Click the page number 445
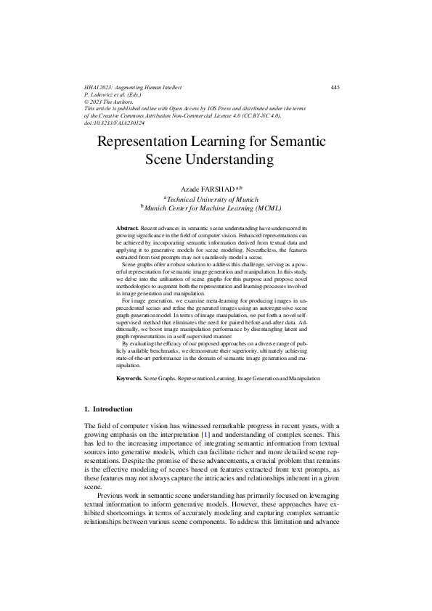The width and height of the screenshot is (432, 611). click(x=335, y=88)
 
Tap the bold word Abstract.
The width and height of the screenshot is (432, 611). click(x=128, y=229)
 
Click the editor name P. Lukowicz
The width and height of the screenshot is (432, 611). click(x=103, y=95)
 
